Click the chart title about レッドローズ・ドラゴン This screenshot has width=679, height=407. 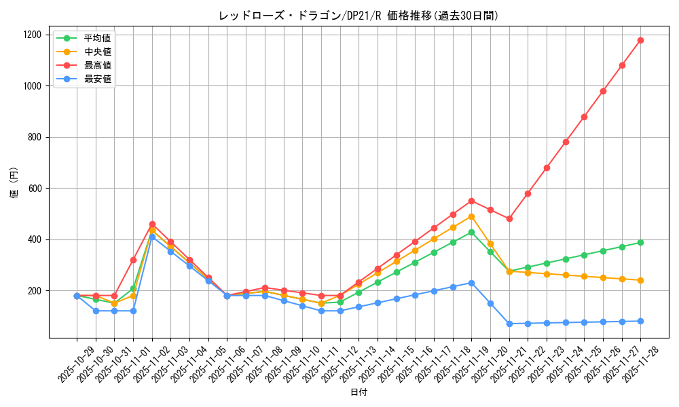point(359,16)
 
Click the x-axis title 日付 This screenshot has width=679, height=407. point(359,393)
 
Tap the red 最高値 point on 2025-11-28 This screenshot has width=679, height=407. point(640,40)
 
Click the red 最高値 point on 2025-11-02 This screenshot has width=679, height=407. point(152,224)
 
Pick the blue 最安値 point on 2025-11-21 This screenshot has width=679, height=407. point(509,324)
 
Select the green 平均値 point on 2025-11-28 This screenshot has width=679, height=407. point(640,242)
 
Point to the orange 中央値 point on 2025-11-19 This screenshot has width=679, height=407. point(471,216)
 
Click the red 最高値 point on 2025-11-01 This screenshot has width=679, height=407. point(133,260)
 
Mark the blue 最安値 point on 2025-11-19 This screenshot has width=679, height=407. point(471,283)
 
